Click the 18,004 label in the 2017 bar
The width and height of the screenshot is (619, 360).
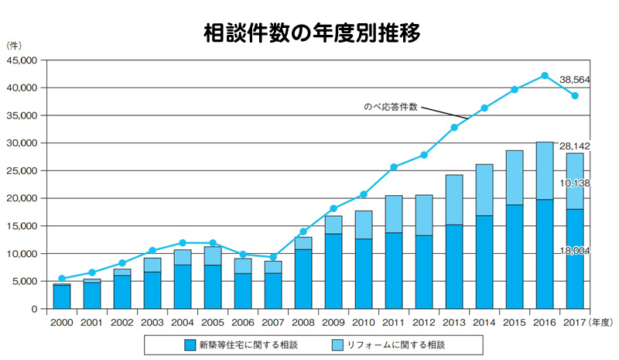point(574,251)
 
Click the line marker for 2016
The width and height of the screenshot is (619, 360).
point(545,76)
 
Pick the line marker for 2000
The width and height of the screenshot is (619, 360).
point(62,279)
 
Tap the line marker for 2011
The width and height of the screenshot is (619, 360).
point(394,167)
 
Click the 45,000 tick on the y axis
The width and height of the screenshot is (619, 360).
point(22,60)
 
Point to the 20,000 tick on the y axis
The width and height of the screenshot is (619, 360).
point(22,198)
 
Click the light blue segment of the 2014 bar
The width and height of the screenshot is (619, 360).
point(484,190)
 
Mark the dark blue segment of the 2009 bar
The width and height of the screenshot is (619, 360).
point(333,271)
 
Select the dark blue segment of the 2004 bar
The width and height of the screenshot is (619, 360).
point(183,286)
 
